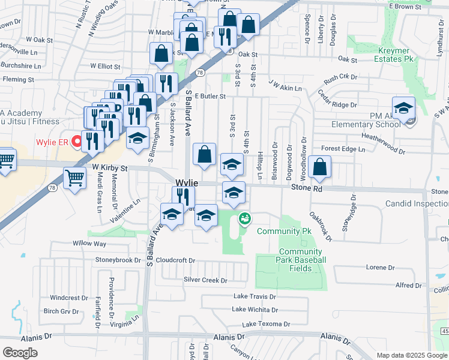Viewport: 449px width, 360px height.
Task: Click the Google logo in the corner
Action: click(x=20, y=353)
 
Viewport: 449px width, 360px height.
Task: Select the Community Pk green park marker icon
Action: click(x=244, y=219)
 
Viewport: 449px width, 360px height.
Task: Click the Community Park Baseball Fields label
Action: click(x=303, y=260)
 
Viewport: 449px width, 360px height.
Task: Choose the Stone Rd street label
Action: click(x=307, y=188)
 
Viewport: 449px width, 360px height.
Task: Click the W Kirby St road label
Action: click(x=110, y=169)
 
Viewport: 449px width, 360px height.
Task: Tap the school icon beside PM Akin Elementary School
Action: click(x=403, y=107)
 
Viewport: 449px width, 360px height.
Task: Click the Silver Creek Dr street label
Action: click(x=205, y=280)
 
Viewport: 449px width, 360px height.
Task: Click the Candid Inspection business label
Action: click(x=417, y=204)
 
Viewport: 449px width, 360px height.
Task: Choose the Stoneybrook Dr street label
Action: click(x=118, y=260)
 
